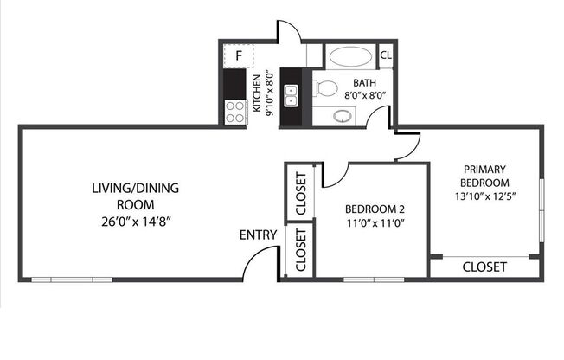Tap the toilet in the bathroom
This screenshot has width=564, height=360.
click(325, 87)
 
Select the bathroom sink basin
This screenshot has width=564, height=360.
click(343, 116)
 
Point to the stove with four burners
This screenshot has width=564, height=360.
click(235, 110)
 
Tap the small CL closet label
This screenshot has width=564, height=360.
click(386, 55)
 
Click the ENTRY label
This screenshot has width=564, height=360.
click(259, 235)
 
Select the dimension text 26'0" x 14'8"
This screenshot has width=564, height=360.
click(134, 221)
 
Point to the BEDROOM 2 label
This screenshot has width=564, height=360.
click(375, 209)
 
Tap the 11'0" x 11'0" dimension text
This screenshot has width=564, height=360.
click(375, 223)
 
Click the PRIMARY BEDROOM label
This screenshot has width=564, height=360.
click(484, 177)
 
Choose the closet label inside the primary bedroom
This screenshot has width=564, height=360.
click(484, 267)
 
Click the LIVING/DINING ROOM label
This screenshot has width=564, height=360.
click(134, 196)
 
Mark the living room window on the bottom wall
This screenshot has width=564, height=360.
click(72, 279)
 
